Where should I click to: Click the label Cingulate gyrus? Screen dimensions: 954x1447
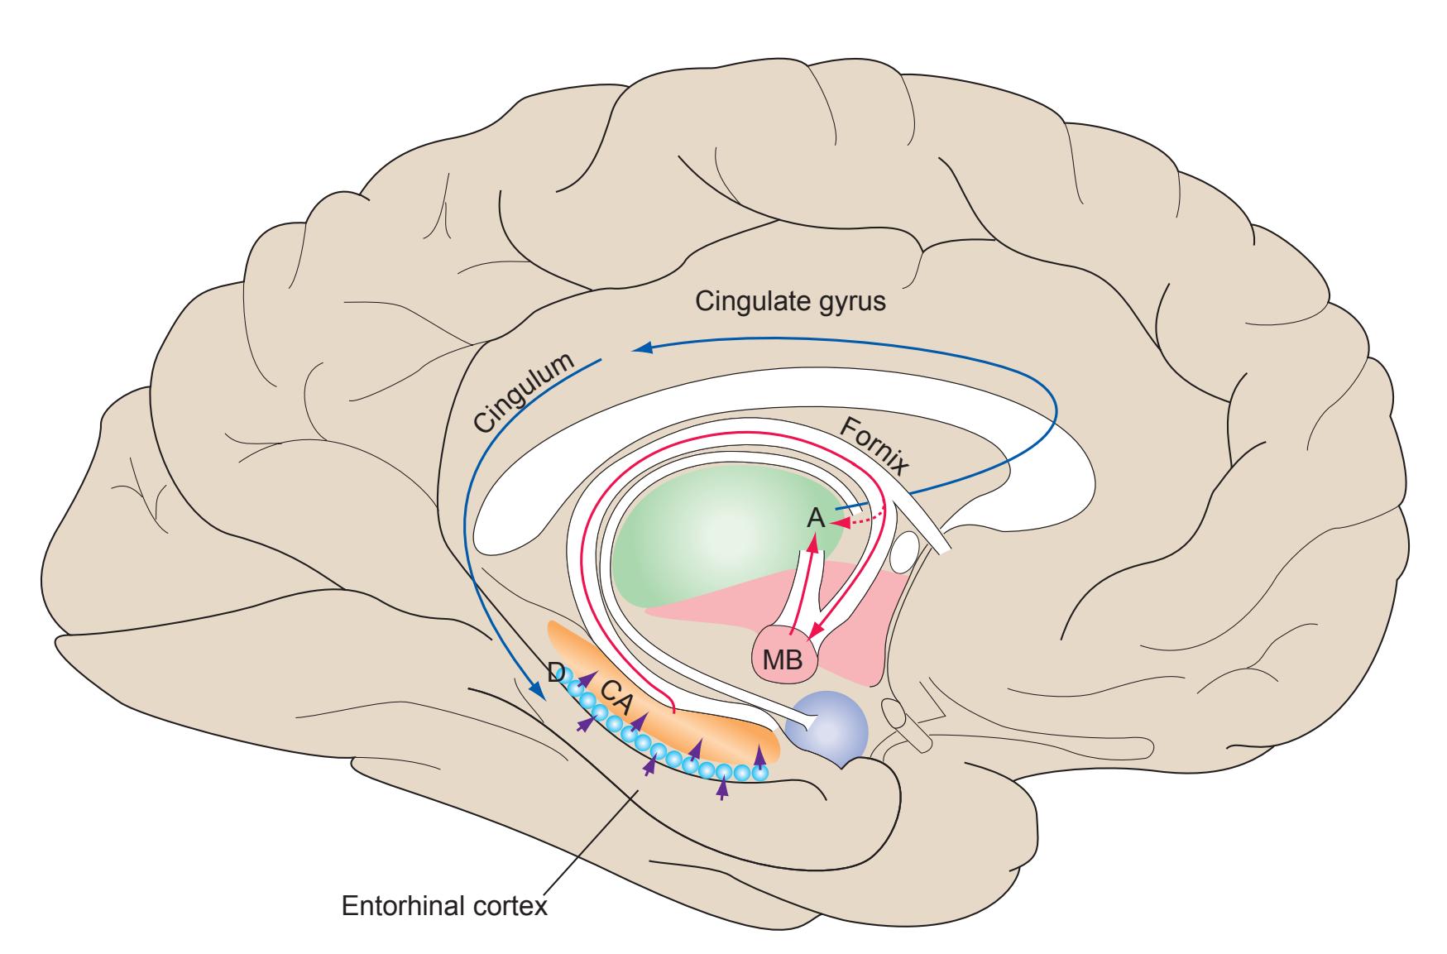790,302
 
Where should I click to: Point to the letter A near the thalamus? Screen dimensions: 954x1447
816,519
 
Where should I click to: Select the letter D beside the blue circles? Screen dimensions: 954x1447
557,674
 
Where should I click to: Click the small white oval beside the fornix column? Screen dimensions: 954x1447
907,549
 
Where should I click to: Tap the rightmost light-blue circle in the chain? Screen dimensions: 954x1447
759,773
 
